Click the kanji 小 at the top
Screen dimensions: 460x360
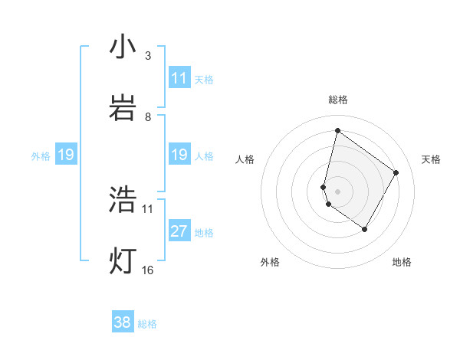pyautogui.click(x=122, y=47)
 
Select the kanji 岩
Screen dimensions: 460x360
pyautogui.click(x=122, y=109)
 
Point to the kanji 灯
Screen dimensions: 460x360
pyautogui.click(x=122, y=261)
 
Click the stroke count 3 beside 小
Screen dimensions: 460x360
pyautogui.click(x=148, y=56)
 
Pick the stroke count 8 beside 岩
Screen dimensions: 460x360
pyautogui.click(x=148, y=117)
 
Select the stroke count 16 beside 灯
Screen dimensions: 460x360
pyautogui.click(x=148, y=270)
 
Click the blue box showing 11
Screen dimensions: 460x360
pyautogui.click(x=179, y=78)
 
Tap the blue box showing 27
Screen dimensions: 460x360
pyautogui.click(x=179, y=231)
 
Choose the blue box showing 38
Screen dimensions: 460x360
pyautogui.click(x=123, y=322)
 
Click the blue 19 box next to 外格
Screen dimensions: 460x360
pyautogui.click(x=66, y=155)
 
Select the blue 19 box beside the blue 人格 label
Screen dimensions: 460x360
pyautogui.click(x=179, y=155)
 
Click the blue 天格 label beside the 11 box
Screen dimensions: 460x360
pyautogui.click(x=204, y=79)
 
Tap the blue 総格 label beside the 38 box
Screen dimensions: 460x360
pyautogui.click(x=147, y=324)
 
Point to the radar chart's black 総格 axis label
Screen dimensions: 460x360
pyautogui.click(x=337, y=100)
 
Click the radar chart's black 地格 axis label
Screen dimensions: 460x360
pyautogui.click(x=402, y=262)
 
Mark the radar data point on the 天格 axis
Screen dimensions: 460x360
pyautogui.click(x=396, y=172)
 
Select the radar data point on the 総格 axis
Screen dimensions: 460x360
pyautogui.click(x=337, y=130)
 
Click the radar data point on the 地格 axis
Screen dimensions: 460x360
pyautogui.click(x=365, y=230)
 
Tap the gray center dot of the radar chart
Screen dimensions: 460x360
pyautogui.click(x=337, y=191)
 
